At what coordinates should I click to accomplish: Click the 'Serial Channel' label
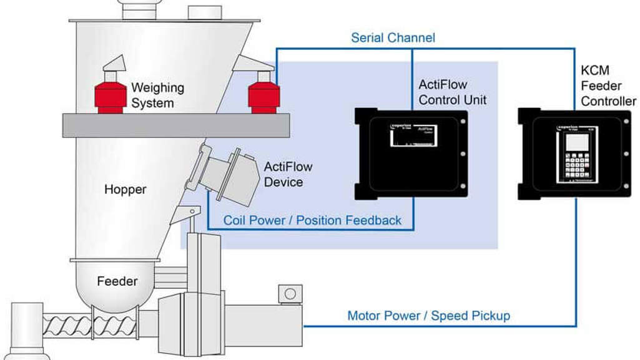(x=393, y=38)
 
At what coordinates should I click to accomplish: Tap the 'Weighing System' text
(x=157, y=95)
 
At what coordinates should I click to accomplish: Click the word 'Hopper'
(x=125, y=189)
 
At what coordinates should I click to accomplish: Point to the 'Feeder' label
(x=117, y=281)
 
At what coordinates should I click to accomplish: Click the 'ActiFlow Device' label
(x=288, y=175)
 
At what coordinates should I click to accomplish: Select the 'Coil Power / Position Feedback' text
(x=312, y=220)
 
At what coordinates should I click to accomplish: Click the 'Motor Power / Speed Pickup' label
(x=428, y=316)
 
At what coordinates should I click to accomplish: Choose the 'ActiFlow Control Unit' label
(x=451, y=92)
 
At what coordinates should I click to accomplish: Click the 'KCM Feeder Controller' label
(x=608, y=87)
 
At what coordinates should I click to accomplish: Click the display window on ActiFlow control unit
(x=413, y=135)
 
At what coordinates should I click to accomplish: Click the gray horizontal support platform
(x=175, y=125)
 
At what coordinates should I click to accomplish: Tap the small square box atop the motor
(x=290, y=293)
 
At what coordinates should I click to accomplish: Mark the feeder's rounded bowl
(x=115, y=287)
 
